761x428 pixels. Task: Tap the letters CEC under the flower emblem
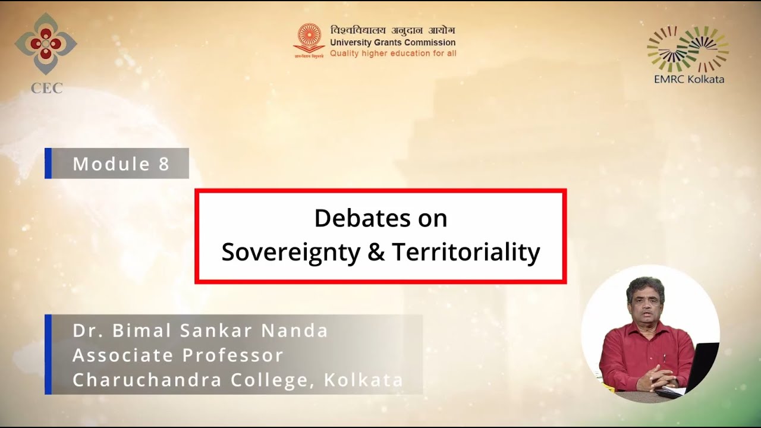(x=46, y=89)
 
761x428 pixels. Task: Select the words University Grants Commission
(x=392, y=42)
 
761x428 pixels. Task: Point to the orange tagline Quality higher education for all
(x=393, y=53)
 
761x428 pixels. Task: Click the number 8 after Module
(x=164, y=164)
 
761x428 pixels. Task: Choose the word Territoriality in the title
(x=466, y=252)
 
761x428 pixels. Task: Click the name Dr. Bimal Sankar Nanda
(x=200, y=331)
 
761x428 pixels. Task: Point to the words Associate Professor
(x=178, y=355)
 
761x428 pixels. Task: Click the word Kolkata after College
(x=363, y=380)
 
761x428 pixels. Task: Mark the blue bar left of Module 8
(x=48, y=163)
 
